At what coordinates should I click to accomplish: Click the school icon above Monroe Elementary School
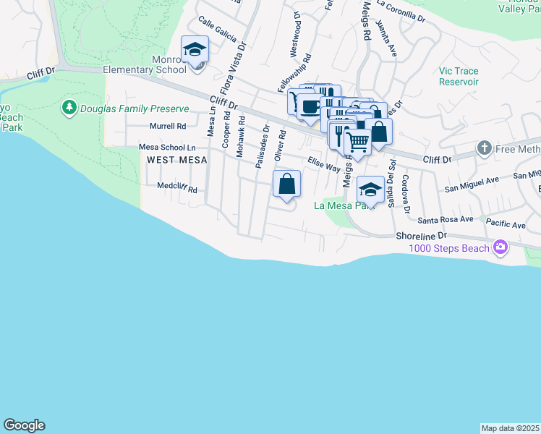(195, 49)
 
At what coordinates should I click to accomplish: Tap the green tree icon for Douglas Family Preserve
(69, 109)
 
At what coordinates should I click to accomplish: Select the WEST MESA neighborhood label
(172, 159)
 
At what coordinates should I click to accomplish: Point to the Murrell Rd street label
(167, 126)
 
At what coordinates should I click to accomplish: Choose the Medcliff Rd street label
(177, 187)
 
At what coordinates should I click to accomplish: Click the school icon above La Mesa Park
(370, 189)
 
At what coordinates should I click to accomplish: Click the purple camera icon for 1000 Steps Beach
(500, 248)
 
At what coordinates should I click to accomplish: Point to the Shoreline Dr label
(422, 236)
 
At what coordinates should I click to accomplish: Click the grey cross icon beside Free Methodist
(485, 149)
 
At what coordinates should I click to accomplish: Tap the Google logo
(24, 425)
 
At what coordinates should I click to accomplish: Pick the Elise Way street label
(323, 165)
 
